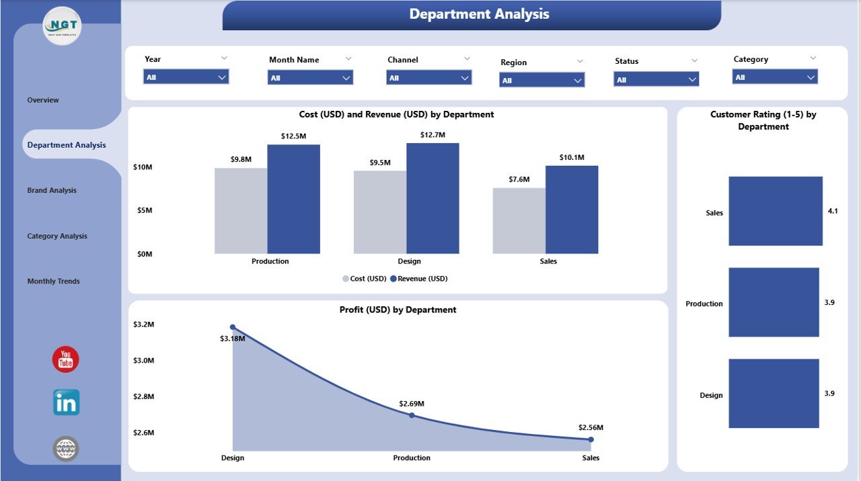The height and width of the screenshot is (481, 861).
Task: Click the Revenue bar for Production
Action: pos(293,199)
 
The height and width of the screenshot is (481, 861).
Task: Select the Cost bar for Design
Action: pos(380,212)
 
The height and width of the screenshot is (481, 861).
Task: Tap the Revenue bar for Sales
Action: pos(572,210)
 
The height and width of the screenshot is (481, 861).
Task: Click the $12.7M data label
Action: pos(433,135)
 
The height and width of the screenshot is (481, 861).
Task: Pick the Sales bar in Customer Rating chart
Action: pos(775,211)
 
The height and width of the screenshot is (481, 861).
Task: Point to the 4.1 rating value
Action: pos(833,211)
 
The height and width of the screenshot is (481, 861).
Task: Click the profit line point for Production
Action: pos(412,415)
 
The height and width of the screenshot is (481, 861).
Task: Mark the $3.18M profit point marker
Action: pos(233,327)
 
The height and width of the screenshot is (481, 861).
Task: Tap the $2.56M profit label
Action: pos(591,427)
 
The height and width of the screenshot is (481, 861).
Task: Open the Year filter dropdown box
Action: pos(186,77)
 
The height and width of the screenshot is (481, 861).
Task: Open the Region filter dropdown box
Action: pos(541,81)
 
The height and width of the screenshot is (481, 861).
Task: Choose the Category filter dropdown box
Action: pos(775,77)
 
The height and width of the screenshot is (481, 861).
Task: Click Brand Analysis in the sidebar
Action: pos(52,190)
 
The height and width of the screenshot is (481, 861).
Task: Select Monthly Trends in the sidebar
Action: pos(53,281)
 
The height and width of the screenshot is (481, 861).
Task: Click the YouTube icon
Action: pos(66,359)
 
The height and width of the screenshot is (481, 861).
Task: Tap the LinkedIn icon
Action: pos(66,402)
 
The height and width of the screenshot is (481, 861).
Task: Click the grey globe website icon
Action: pos(66,449)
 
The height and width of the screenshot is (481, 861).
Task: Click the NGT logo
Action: pos(62,26)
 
